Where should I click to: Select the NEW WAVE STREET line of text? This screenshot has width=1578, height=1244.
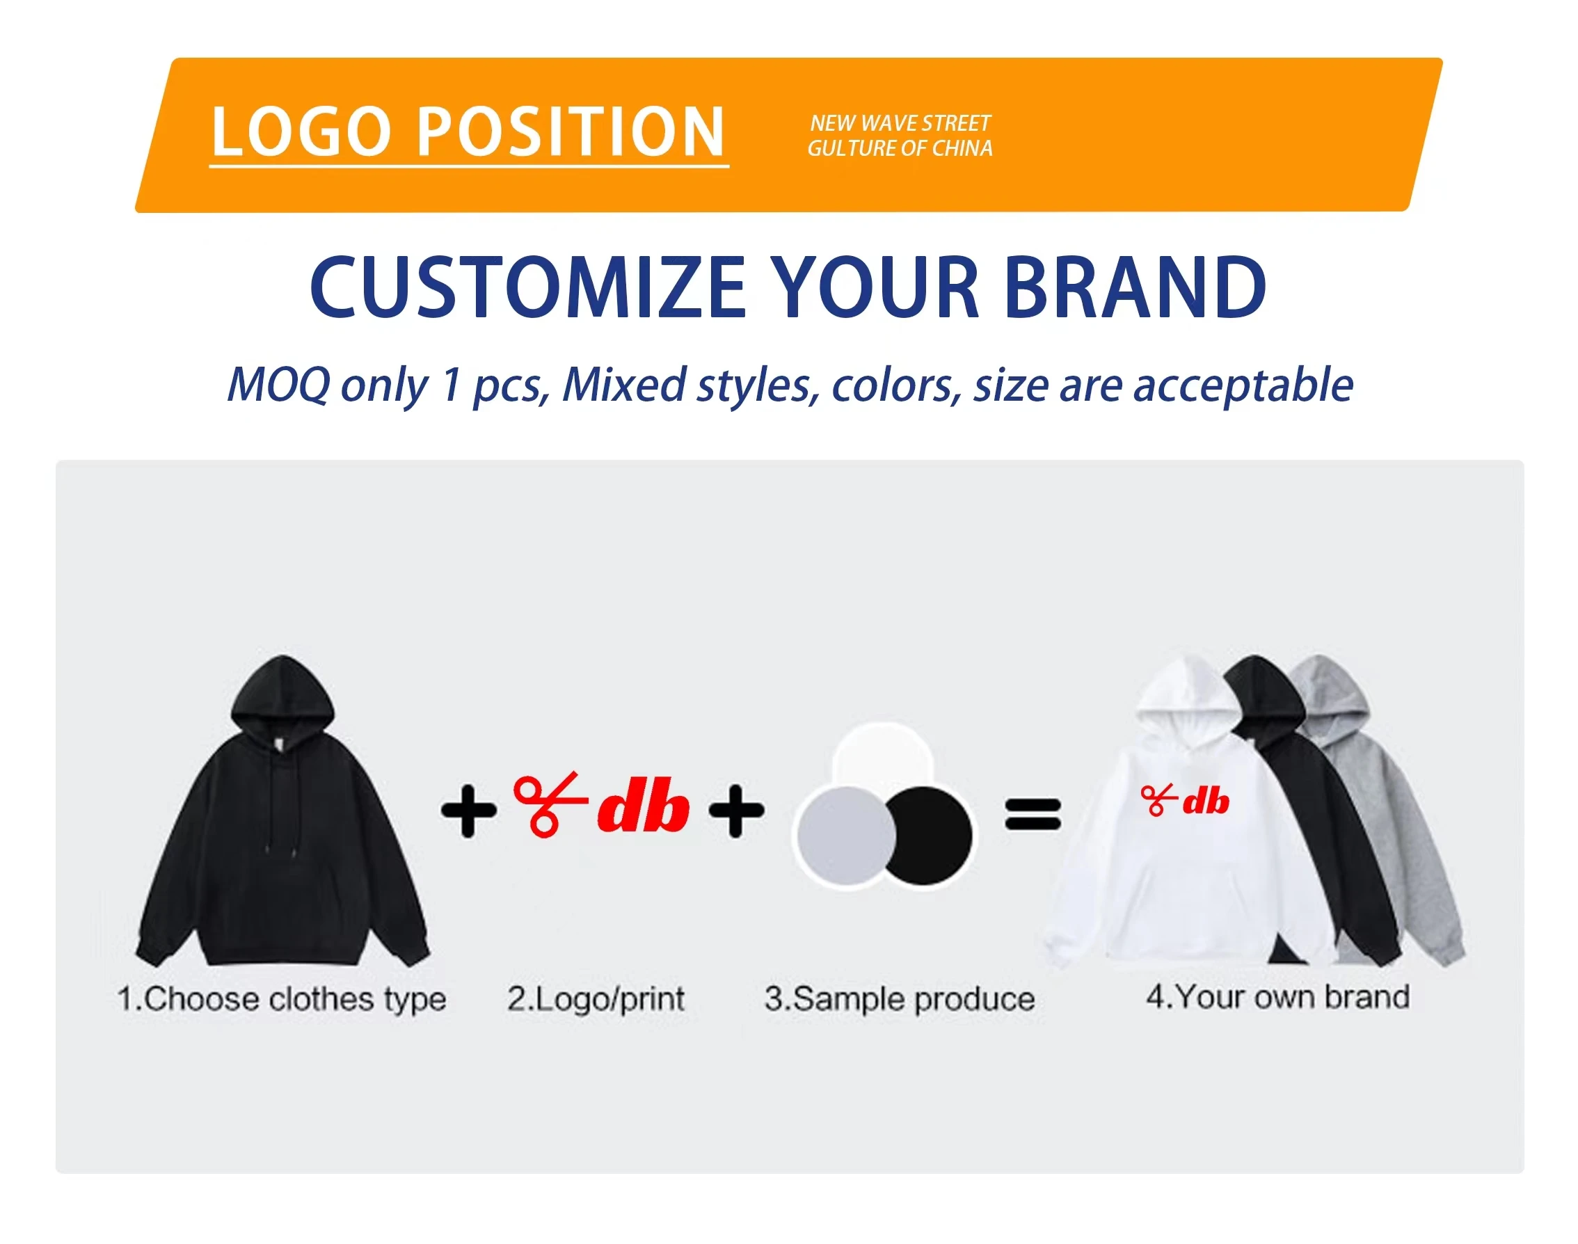(x=900, y=123)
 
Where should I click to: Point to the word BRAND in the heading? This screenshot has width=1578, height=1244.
(x=1135, y=288)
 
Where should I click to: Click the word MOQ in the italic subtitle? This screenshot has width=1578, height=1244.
(x=279, y=385)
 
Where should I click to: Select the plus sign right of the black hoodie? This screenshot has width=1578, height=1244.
(x=468, y=811)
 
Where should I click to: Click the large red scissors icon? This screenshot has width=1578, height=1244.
(x=550, y=804)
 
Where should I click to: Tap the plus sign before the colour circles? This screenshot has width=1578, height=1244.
(x=736, y=811)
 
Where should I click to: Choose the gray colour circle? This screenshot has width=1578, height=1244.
(x=845, y=836)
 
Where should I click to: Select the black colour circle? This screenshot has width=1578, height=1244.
(x=927, y=836)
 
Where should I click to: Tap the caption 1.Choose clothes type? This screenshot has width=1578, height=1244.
(x=282, y=999)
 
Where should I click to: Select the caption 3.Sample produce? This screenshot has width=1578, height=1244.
(x=900, y=999)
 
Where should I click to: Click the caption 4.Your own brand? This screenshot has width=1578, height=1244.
(x=1278, y=996)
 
